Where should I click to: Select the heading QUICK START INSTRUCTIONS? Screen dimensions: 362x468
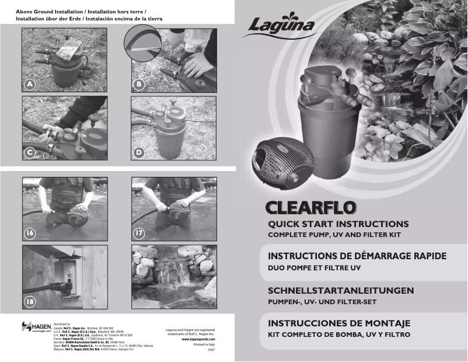pos(338,224)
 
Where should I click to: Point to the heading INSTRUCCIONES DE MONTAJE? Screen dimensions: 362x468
pos(339,323)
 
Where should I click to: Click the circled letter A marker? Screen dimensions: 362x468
pos(29,84)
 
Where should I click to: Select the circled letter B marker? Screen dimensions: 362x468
pos(138,84)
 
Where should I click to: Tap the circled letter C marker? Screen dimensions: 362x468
pos(29,152)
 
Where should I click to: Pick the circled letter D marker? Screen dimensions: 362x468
pos(138,152)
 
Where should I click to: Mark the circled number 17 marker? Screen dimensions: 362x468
pos(139,233)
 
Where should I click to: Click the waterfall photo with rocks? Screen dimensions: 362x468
pos(173,276)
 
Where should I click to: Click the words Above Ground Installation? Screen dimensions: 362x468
pos(49,11)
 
